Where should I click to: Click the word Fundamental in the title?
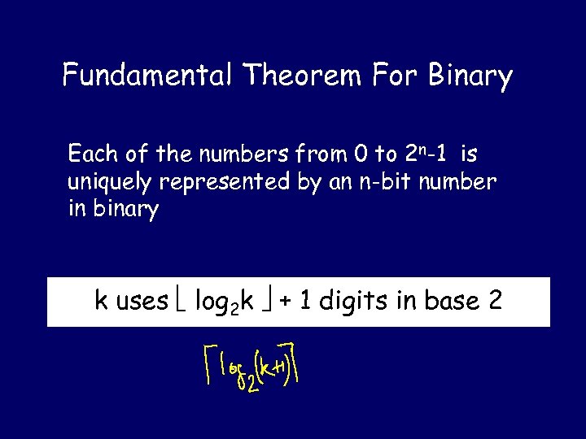(x=147, y=76)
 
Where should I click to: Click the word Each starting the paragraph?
(x=92, y=154)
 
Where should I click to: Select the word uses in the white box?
(x=142, y=302)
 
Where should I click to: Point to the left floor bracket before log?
(x=183, y=302)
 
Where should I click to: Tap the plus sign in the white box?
(x=285, y=302)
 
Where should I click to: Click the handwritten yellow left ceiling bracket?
(x=208, y=363)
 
